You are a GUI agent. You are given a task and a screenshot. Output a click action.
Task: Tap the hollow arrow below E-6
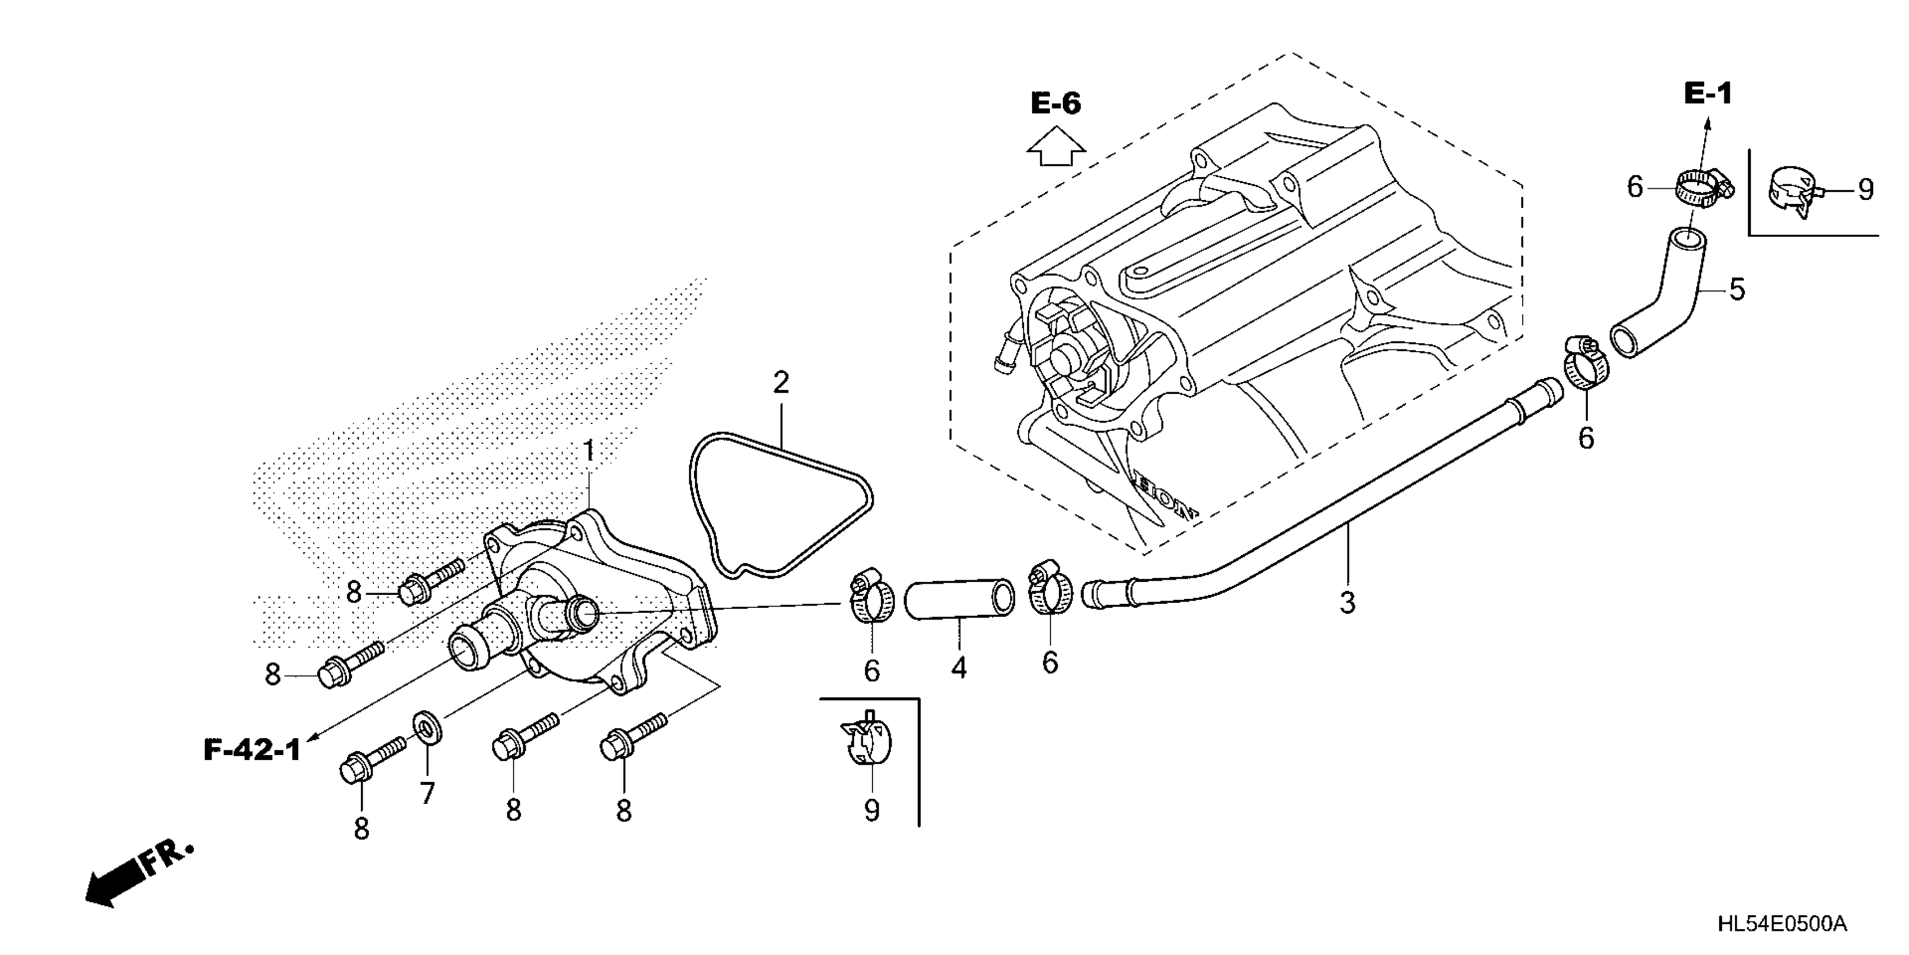pyautogui.click(x=1056, y=146)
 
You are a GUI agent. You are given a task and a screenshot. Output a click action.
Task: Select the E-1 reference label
pyautogui.click(x=1707, y=93)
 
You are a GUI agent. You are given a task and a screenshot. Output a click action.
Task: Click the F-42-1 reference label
pyautogui.click(x=253, y=751)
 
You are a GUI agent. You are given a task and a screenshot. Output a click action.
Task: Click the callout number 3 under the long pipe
pyautogui.click(x=1348, y=603)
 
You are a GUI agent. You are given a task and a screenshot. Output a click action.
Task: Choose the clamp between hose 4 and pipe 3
pyautogui.click(x=1049, y=593)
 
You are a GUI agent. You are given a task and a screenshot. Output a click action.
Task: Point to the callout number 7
pyautogui.click(x=428, y=793)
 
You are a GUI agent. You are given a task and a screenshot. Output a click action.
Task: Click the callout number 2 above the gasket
pyautogui.click(x=780, y=383)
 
